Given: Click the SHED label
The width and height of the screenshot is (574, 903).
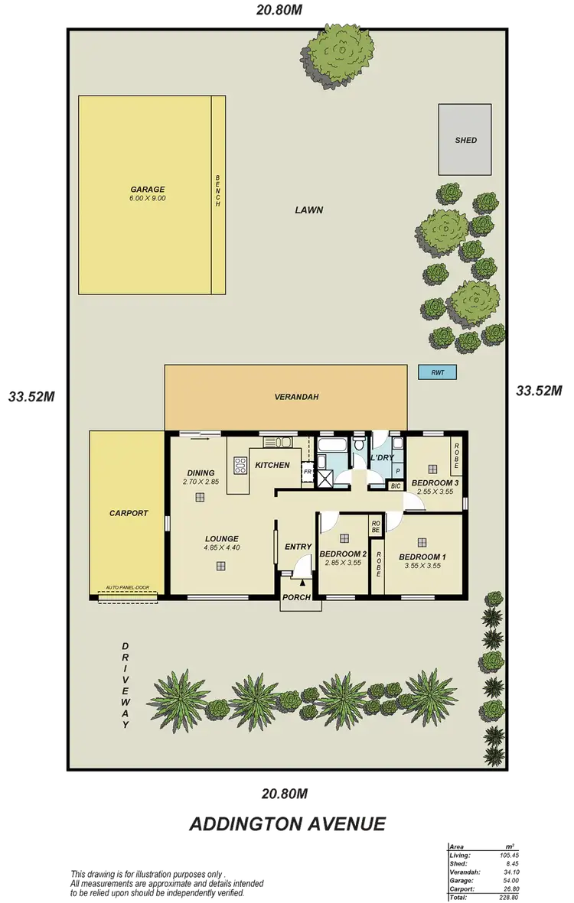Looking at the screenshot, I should click(465, 140).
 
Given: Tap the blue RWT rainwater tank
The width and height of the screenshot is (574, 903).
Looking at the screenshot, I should click(437, 372).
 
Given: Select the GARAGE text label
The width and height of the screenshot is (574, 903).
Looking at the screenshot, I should click(147, 190).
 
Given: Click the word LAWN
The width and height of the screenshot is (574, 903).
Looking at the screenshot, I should click(309, 210).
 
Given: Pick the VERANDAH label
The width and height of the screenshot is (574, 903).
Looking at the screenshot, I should click(296, 397).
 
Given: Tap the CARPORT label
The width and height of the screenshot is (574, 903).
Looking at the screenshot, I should click(128, 513).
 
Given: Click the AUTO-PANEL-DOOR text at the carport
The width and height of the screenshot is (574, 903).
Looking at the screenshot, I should click(128, 588).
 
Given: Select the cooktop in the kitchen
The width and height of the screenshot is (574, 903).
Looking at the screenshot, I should click(239, 466).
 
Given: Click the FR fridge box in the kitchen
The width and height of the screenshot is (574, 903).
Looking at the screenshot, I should click(307, 473).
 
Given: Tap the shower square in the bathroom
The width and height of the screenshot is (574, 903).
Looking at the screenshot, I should click(325, 479).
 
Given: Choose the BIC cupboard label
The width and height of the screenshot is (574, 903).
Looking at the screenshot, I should click(396, 486).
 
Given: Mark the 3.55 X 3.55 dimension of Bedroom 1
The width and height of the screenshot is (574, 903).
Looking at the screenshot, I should click(422, 567).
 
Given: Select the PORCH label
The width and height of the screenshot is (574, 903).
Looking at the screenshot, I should click(296, 597).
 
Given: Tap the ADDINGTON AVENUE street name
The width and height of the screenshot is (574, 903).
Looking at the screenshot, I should click(286, 823).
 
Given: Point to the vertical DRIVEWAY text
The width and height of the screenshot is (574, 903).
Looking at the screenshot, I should click(126, 685).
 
